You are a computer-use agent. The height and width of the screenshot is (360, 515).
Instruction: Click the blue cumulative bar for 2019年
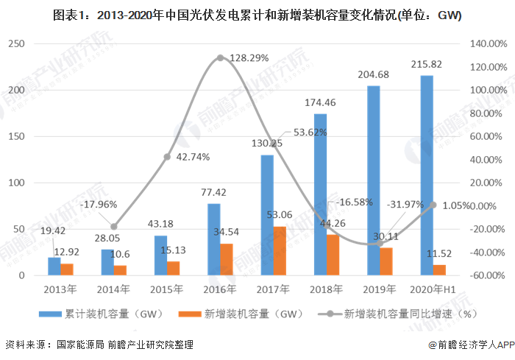[373, 180]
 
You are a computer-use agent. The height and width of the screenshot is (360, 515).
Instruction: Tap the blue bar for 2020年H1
[426, 175]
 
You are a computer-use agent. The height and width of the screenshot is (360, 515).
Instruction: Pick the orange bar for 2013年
[67, 269]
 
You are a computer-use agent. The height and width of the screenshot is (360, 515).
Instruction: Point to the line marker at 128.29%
[220, 57]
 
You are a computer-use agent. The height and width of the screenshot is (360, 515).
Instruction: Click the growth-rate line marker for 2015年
[167, 157]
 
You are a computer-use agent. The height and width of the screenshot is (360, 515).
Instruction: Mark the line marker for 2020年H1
[433, 205]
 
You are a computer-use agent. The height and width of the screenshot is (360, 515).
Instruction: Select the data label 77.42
[213, 193]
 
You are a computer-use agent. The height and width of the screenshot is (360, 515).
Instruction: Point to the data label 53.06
[280, 215]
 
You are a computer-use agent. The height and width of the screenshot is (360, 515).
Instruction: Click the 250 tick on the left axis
[32, 44]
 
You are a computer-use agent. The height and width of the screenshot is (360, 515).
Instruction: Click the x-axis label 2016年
[220, 289]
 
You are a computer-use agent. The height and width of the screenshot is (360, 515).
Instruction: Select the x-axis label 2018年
[327, 289]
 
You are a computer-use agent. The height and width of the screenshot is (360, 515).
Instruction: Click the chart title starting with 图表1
[257, 14]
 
